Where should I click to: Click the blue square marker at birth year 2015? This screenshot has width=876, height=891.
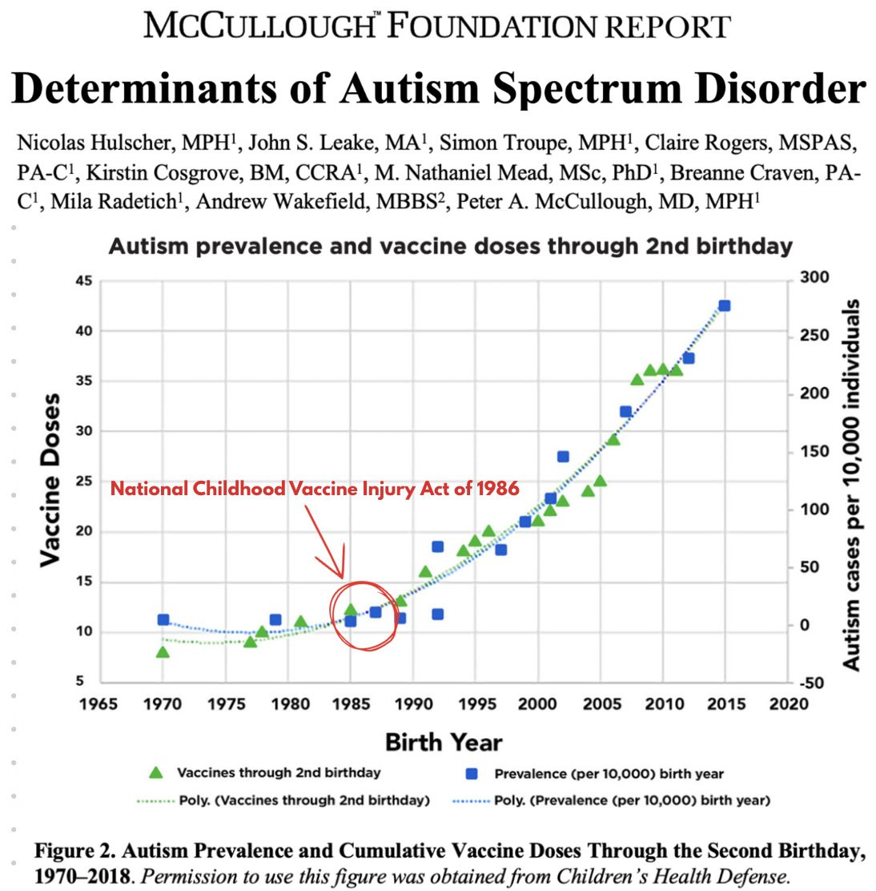724,306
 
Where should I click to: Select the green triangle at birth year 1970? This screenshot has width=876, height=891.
163,652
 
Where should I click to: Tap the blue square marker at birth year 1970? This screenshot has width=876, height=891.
163,619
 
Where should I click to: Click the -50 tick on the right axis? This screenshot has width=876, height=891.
815,683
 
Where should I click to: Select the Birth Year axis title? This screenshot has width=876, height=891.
444,741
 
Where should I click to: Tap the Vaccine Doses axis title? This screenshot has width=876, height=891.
50,480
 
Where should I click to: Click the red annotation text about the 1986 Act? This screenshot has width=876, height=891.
315,488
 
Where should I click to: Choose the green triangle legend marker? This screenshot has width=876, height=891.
156,773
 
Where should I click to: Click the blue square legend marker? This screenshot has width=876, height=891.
472,774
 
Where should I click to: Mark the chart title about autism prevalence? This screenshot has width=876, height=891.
450,246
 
